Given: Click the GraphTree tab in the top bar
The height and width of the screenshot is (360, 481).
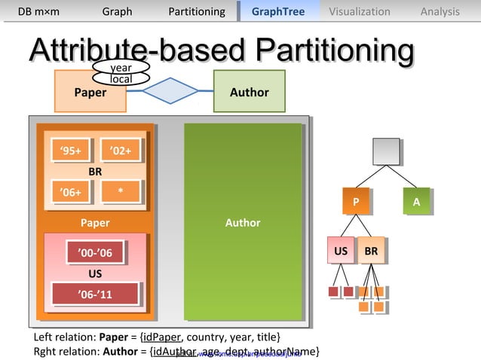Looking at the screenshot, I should coord(278,11).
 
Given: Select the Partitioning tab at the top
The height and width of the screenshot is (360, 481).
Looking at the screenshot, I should coord(197,11).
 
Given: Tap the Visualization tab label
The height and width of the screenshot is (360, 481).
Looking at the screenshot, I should coord(360,11).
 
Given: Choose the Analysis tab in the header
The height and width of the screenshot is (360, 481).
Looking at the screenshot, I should coord(440,11).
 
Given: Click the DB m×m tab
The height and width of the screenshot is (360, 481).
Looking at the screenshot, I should coord(38,11).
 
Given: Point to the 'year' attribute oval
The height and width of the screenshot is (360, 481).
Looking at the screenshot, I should coord(121,68).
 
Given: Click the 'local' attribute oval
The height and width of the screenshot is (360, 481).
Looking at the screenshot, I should coord(121,79).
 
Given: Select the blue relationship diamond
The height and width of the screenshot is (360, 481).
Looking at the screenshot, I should coord(169,92).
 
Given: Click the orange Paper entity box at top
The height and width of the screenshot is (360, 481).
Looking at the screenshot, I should coord(89,92).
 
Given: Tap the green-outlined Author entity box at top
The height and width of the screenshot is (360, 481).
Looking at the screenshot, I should coord(249,92).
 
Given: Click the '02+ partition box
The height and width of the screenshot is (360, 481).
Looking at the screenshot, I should coord(121,151).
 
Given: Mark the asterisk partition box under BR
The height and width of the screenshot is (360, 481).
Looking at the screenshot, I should coord(121,191).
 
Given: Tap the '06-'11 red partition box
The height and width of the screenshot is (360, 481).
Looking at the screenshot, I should coord(95,294).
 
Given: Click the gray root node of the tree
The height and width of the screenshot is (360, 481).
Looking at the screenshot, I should coord(386,151).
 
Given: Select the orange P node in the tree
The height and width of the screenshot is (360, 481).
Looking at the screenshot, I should coord(356,202).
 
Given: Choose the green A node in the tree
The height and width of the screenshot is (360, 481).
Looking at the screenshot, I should coord(416,202).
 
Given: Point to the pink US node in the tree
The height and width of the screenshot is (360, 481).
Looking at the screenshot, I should coord(340,250).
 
